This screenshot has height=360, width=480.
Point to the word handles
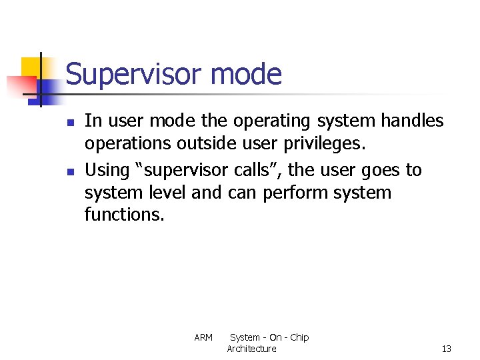(412, 121)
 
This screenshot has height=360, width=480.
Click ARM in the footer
(203, 337)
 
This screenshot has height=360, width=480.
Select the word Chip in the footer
(299, 337)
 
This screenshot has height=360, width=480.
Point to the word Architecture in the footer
(251, 349)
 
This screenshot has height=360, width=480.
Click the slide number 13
(446, 349)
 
